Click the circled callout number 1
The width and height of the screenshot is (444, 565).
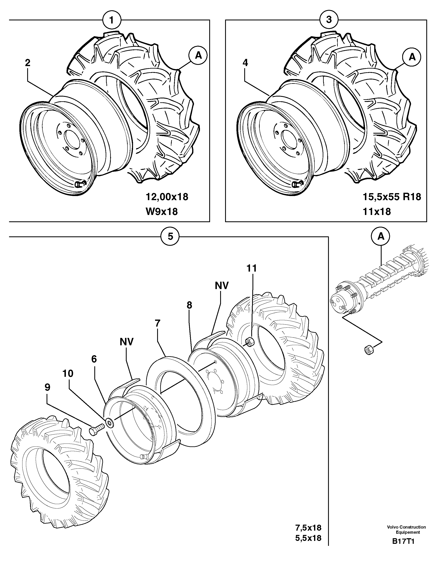pyautogui.click(x=112, y=20)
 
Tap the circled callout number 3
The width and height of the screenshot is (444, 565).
pyautogui.click(x=329, y=20)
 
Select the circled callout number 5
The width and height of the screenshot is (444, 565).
pyautogui.click(x=170, y=237)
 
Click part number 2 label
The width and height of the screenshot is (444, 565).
pyautogui.click(x=28, y=63)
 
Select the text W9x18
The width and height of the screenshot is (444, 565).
pyautogui.click(x=162, y=211)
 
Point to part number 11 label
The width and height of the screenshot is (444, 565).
pyautogui.click(x=251, y=268)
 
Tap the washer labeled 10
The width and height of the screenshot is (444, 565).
pyautogui.click(x=109, y=422)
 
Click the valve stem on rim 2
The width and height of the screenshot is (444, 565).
pyautogui.click(x=79, y=184)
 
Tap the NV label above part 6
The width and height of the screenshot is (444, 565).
pyautogui.click(x=127, y=342)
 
